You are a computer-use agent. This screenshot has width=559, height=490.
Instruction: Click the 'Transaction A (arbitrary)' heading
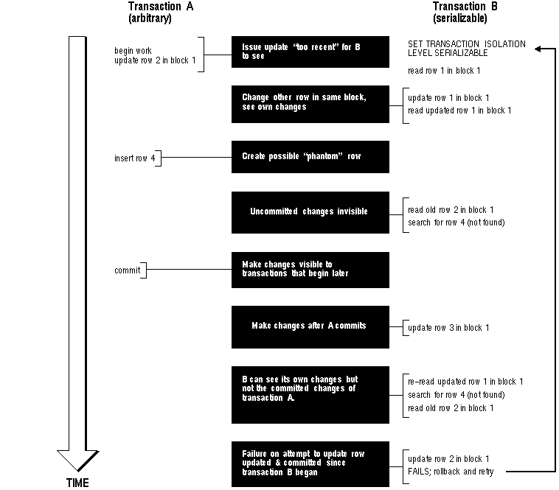[x=161, y=12]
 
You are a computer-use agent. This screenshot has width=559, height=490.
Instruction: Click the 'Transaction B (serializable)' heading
[x=465, y=12]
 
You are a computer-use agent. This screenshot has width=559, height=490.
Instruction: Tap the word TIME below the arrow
[x=77, y=483]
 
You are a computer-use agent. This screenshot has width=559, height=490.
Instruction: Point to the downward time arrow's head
[x=77, y=461]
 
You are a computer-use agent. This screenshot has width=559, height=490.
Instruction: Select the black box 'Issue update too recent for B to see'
[x=310, y=52]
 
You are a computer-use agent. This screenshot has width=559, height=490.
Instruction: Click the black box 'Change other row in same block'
[x=310, y=105]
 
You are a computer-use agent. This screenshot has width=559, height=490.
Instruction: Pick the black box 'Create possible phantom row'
[x=310, y=157]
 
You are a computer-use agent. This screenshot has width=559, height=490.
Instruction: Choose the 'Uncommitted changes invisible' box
[x=310, y=213]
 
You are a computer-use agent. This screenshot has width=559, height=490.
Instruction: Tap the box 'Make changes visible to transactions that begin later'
[x=310, y=270]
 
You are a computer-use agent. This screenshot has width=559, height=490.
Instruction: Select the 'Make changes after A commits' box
[x=310, y=327]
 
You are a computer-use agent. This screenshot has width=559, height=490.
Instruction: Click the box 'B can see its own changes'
[x=310, y=395]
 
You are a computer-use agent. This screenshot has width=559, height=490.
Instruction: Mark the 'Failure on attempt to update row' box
[x=310, y=464]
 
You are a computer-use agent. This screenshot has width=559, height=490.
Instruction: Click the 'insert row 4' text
[x=135, y=158]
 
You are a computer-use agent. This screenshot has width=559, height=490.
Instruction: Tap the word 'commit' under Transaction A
[x=128, y=270]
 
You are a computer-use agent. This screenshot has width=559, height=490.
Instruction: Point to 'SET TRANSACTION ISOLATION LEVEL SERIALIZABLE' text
[x=466, y=49]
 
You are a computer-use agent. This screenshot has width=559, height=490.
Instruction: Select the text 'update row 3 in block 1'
[x=448, y=328]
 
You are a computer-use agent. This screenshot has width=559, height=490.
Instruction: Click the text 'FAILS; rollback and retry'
[x=451, y=472]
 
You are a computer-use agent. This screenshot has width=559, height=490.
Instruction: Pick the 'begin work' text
[x=133, y=51]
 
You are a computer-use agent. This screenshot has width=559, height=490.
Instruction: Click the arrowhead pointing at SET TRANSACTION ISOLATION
[x=538, y=49]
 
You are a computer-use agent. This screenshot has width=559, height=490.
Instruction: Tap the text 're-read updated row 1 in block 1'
[x=465, y=382]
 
